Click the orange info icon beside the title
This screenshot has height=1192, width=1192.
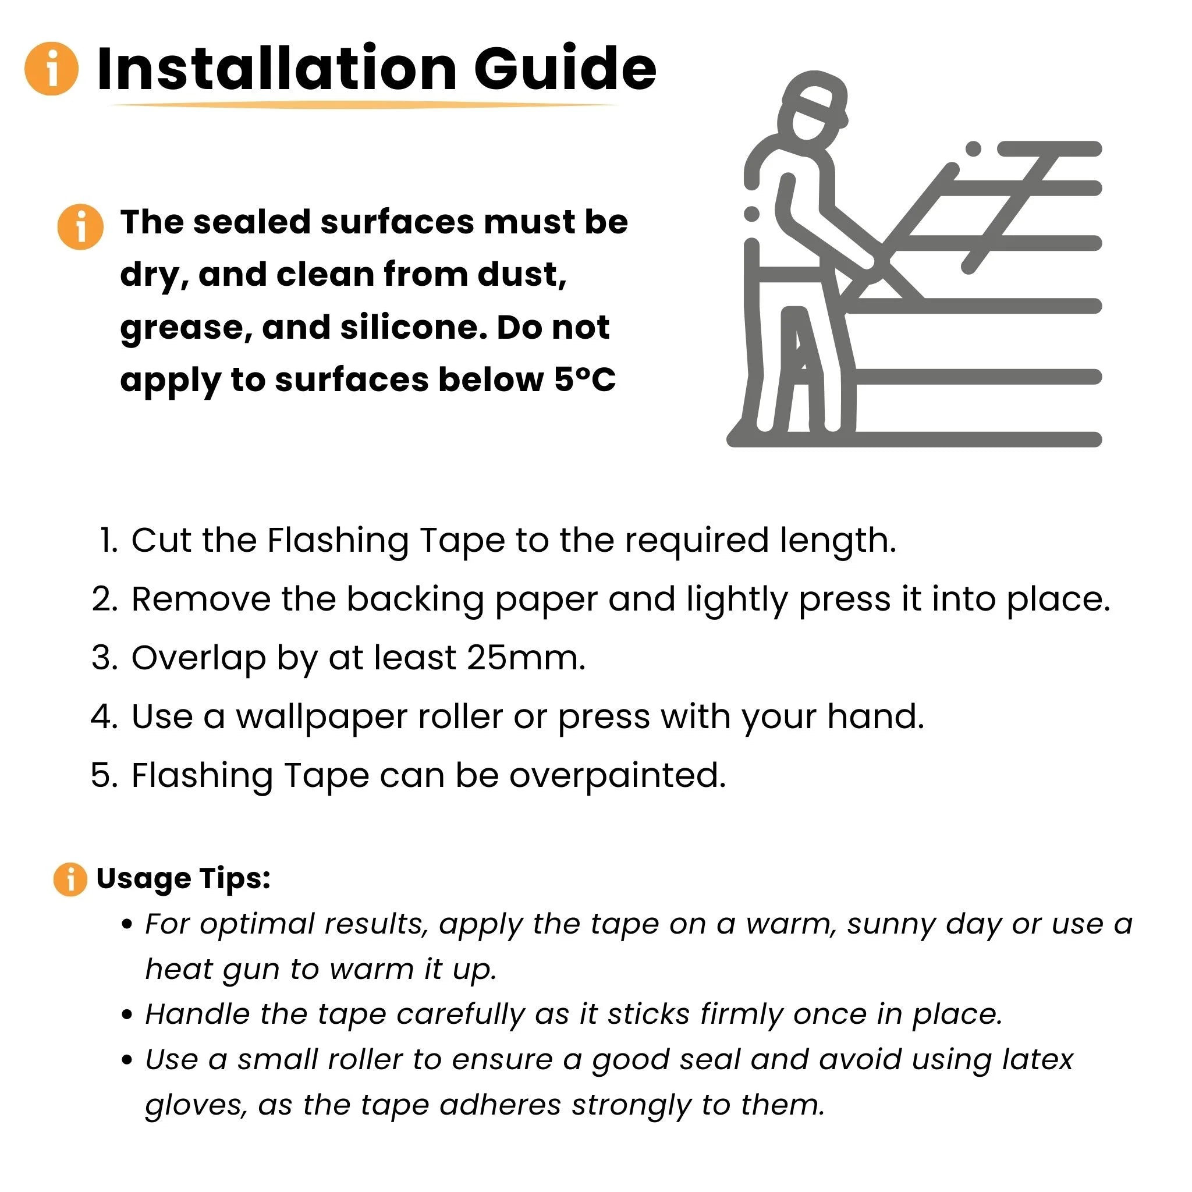click(52, 69)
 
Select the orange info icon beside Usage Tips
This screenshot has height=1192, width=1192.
click(70, 879)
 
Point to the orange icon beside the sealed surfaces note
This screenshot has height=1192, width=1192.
click(80, 226)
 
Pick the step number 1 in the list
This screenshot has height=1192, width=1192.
click(109, 541)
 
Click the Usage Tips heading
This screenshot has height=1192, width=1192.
click(183, 878)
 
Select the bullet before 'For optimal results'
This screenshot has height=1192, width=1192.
click(127, 925)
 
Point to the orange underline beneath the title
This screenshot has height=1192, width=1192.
click(364, 105)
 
